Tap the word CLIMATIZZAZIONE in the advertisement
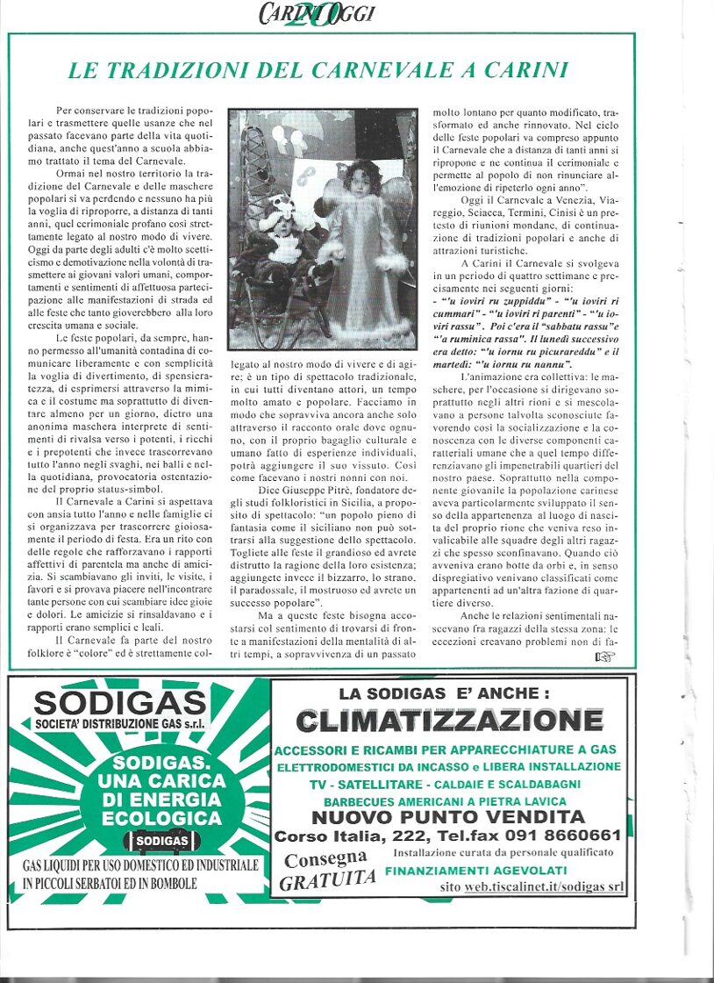click(x=449, y=721)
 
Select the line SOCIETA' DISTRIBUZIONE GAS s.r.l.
click(x=120, y=724)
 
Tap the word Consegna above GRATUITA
click(x=325, y=858)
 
